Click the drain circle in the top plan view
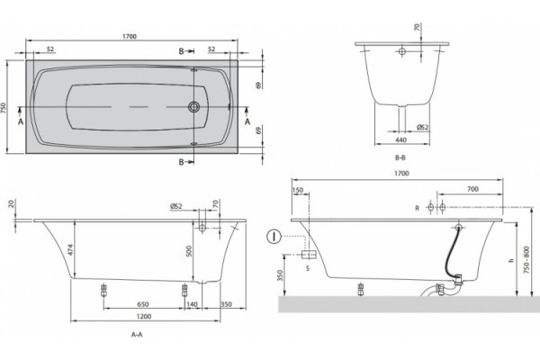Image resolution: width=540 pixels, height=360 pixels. (193, 107)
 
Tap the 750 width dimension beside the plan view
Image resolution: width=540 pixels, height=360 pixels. (4, 107)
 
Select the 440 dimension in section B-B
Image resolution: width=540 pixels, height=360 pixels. (401, 139)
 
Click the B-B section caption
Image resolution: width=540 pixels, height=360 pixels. (400, 157)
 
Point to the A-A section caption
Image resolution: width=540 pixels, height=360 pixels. (137, 334)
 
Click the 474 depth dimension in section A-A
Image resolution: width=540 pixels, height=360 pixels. (70, 250)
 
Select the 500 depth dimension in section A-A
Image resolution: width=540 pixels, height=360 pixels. (189, 251)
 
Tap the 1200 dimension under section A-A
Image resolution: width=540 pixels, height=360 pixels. (144, 316)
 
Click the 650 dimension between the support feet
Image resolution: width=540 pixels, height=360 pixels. (143, 304)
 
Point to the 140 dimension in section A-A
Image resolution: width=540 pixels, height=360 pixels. (193, 304)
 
